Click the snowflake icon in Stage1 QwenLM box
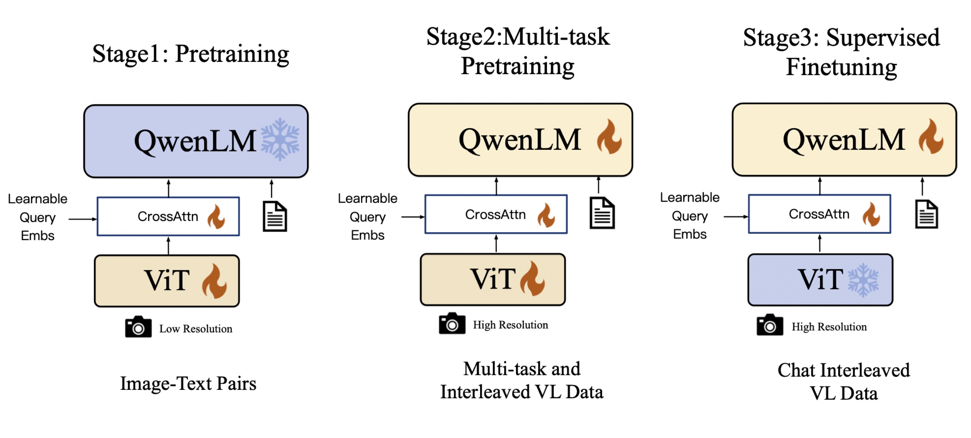pyautogui.click(x=280, y=139)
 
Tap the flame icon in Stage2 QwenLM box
pyautogui.click(x=609, y=137)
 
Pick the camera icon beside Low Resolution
pyautogui.click(x=138, y=327)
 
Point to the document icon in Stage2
pyautogui.click(x=602, y=213)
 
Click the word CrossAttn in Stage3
pyautogui.click(x=819, y=214)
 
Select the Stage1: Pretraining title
pyautogui.click(x=190, y=54)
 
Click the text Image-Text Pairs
pyautogui.click(x=188, y=383)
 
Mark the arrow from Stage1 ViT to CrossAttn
pyautogui.click(x=168, y=245)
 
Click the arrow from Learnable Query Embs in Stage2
pyautogui.click(x=413, y=217)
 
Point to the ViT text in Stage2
pyautogui.click(x=492, y=279)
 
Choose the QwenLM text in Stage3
pyautogui.click(x=843, y=140)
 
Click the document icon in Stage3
pyautogui.click(x=926, y=214)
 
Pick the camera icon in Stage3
pyautogui.click(x=769, y=325)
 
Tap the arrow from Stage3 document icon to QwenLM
pyautogui.click(x=922, y=186)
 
